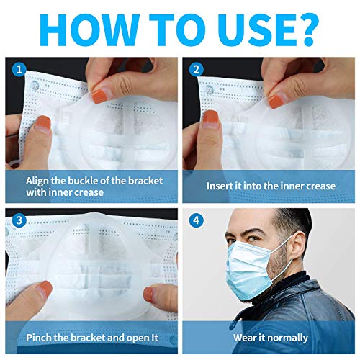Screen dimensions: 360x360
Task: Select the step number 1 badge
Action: coord(19,70)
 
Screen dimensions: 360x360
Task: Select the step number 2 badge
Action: coord(196,70)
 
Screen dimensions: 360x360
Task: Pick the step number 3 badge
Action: coord(19,220)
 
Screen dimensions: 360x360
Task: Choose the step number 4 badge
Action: coord(196,220)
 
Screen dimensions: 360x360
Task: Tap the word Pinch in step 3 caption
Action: coord(39,338)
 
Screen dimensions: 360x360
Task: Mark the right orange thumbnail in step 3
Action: coord(150,294)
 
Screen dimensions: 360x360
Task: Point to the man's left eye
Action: coord(254,239)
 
